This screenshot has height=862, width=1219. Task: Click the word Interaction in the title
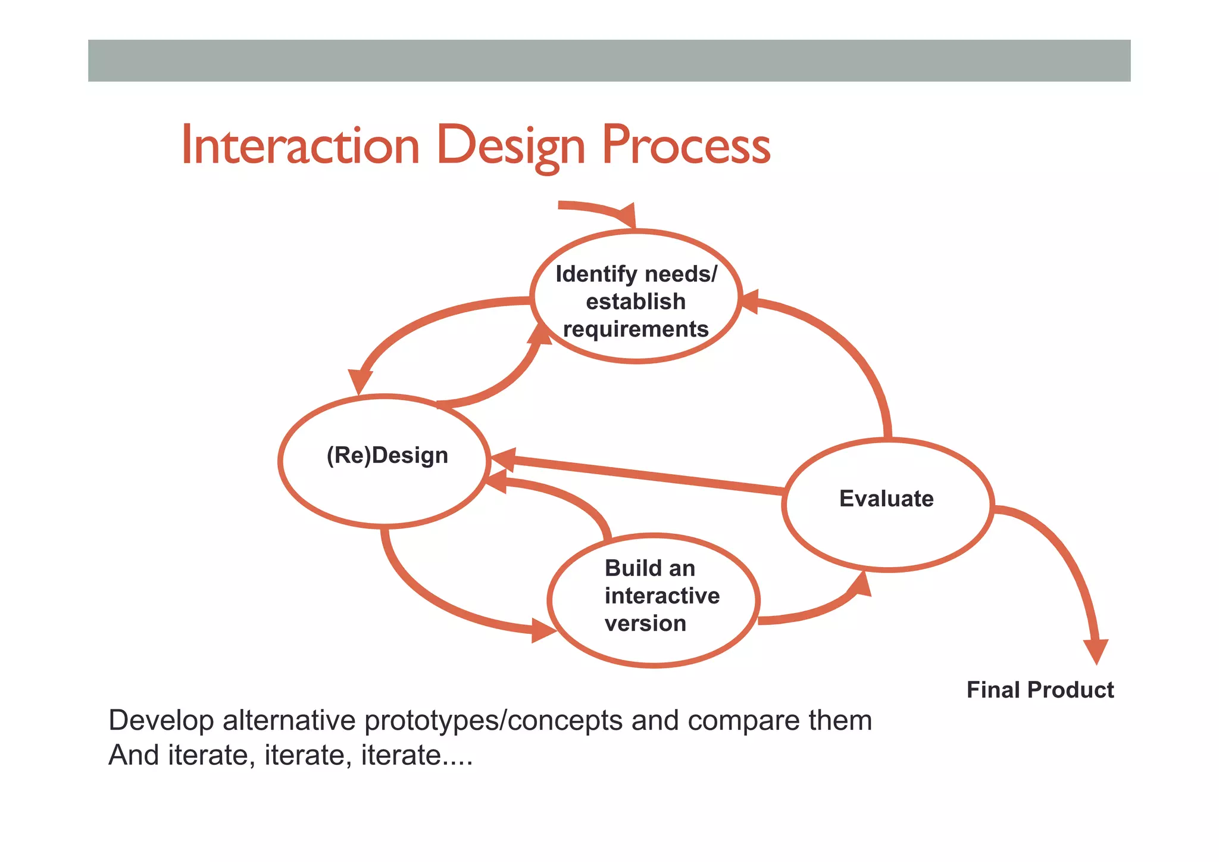[301, 146]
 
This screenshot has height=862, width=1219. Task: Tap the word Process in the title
[686, 146]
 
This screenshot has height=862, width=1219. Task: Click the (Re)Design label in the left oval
[387, 456]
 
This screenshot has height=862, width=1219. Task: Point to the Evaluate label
[886, 499]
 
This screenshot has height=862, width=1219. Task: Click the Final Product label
[1040, 690]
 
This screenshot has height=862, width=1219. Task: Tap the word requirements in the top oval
[636, 329]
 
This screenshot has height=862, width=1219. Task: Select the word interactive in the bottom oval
[662, 596]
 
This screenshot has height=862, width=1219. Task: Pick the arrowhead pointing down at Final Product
[1096, 651]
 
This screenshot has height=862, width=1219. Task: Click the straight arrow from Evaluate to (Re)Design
[637, 475]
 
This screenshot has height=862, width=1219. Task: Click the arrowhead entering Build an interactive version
[543, 630]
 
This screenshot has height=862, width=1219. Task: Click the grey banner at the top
[609, 61]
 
